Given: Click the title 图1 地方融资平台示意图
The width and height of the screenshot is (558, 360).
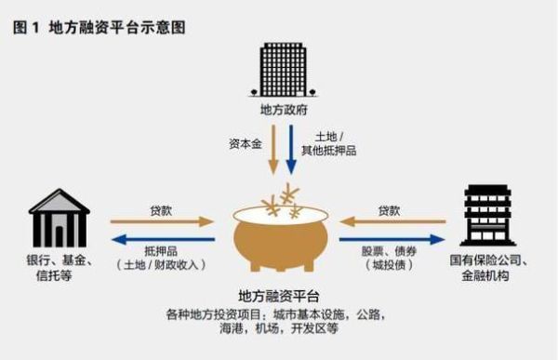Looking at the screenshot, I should point(100,27).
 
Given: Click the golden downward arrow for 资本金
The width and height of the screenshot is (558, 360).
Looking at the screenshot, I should point(272,153).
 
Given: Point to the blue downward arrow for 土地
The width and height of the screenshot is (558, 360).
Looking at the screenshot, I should point(291,153).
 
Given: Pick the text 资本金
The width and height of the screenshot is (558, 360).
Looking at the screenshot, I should point(245,145).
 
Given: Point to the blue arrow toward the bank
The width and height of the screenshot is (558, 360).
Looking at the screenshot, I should point(162,240).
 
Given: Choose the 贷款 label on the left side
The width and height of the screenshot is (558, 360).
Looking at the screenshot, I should point(162,210).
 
